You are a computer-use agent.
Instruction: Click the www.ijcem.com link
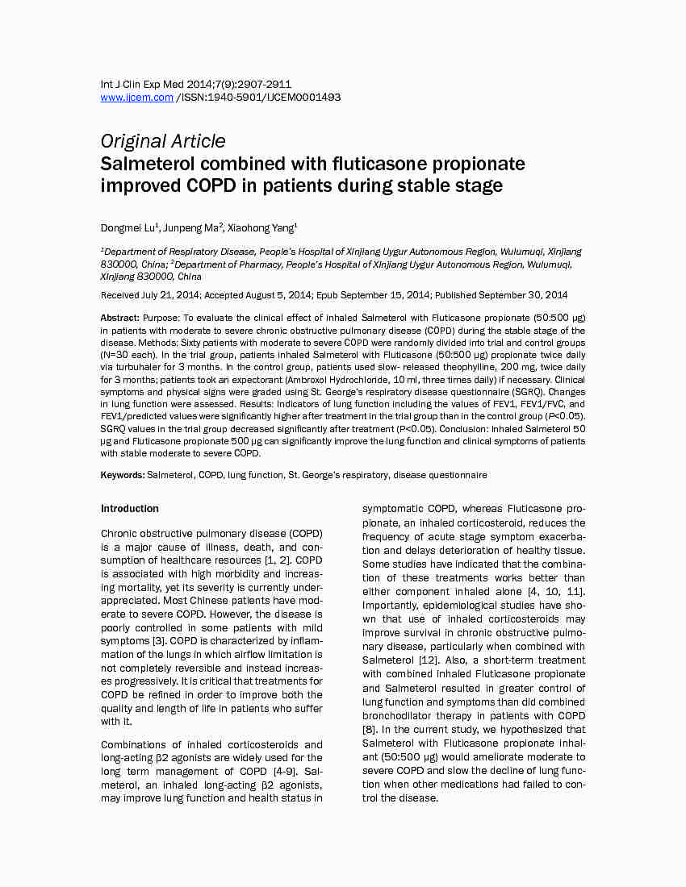(x=136, y=98)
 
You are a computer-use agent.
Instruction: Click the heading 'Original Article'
(x=163, y=141)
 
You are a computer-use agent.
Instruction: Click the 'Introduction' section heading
(x=129, y=509)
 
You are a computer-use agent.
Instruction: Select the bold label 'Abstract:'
(x=120, y=319)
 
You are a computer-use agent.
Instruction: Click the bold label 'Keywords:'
(x=123, y=475)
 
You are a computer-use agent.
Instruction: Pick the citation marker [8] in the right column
(x=370, y=730)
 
